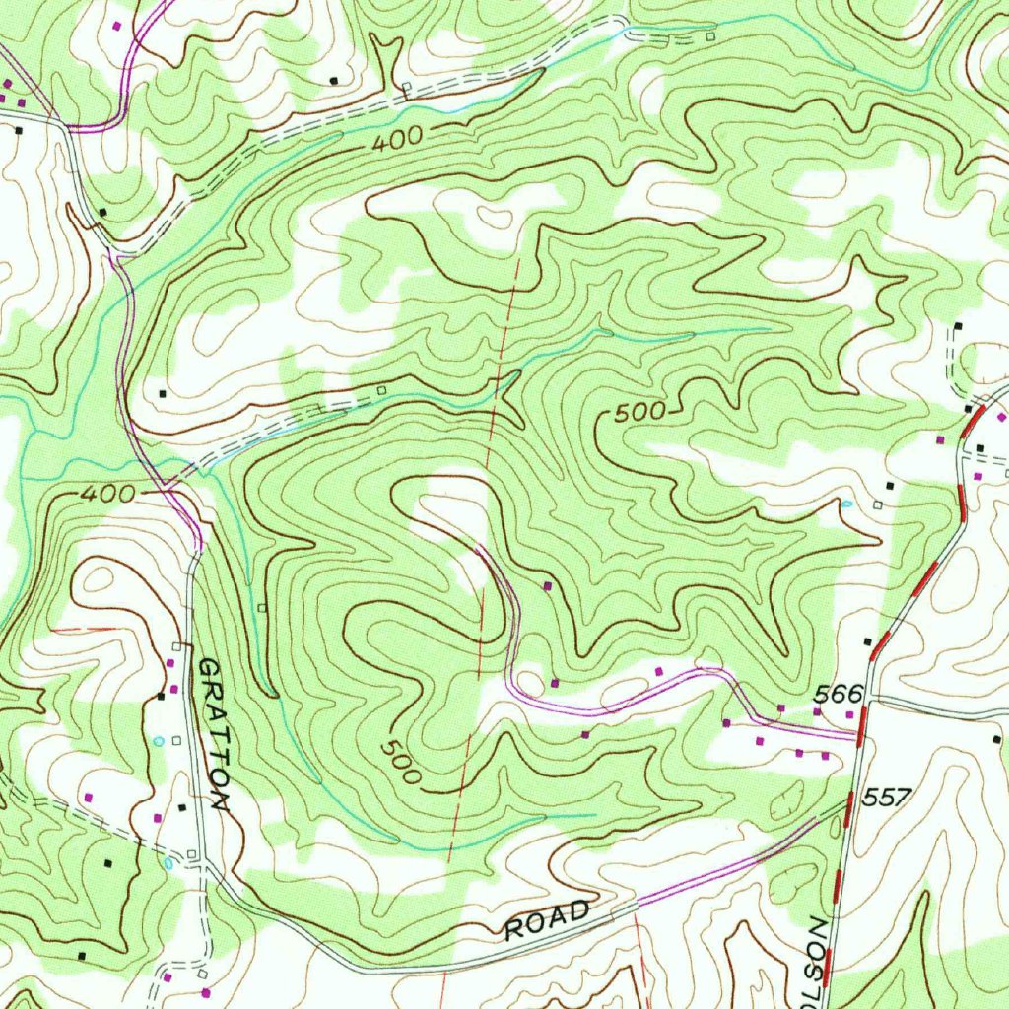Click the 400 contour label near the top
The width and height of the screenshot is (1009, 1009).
[398, 140]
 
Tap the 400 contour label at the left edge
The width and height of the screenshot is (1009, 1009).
[101, 492]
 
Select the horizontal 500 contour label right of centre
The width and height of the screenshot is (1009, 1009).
[640, 414]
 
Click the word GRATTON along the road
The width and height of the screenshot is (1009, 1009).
[213, 734]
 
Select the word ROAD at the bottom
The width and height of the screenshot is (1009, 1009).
[547, 920]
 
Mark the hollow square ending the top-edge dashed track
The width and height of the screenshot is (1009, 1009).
[711, 36]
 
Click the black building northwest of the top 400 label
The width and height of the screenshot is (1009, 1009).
[333, 79]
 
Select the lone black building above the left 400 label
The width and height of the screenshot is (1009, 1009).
[163, 393]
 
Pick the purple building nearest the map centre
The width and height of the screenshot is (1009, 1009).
[548, 586]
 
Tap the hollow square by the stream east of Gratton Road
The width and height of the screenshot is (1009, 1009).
[261, 608]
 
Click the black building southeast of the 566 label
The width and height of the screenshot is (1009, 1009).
[996, 737]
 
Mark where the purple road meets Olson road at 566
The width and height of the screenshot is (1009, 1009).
[857, 734]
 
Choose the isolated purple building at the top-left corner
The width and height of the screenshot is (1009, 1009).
[118, 25]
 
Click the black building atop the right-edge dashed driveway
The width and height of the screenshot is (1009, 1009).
[958, 325]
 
